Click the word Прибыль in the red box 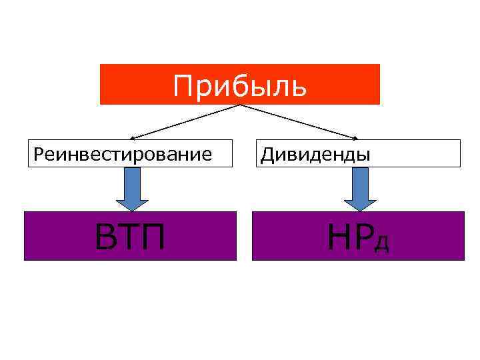240,86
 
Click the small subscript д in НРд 381,243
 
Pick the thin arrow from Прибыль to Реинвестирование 180,121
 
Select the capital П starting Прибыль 182,86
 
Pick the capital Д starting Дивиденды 267,155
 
